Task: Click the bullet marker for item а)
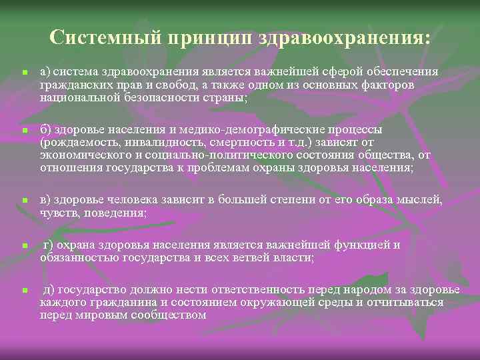(23, 72)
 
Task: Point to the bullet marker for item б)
(23, 132)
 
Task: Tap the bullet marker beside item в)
(23, 201)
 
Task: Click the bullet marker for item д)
(23, 291)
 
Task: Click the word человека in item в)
(134, 199)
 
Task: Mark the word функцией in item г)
(361, 245)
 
